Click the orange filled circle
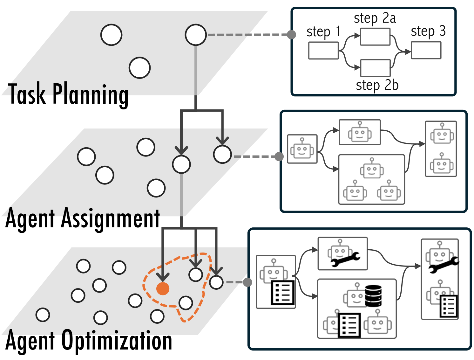pos(163,288)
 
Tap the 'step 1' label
pos(323,32)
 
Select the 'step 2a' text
pos(375,18)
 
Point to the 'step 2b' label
pos(377,85)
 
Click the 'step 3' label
pos(428,31)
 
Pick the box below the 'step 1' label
pos(323,51)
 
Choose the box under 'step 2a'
pos(375,37)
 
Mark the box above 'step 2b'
pos(375,68)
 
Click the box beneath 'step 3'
pos(426,50)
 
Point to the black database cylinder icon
pos(373,296)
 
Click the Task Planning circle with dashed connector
pos(196,35)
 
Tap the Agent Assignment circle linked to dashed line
pos(222,155)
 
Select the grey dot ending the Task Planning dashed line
pos(291,34)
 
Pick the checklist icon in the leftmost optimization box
pos(282,293)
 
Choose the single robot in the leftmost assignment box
pos(302,149)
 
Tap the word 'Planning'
pos(91,94)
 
